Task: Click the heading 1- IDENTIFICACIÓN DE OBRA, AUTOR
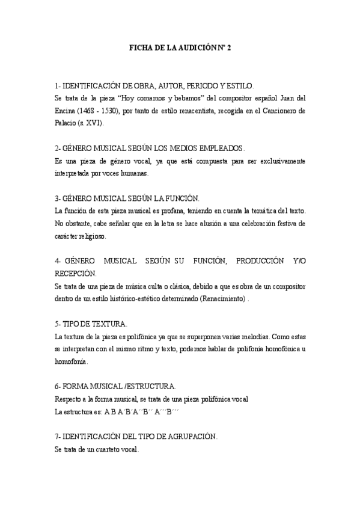tap(154, 87)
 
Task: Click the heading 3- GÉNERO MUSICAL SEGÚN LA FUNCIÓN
tap(127, 198)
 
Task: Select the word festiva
tap(281, 223)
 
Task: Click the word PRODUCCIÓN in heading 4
tap(259, 260)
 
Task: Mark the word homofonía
tap(70, 361)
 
